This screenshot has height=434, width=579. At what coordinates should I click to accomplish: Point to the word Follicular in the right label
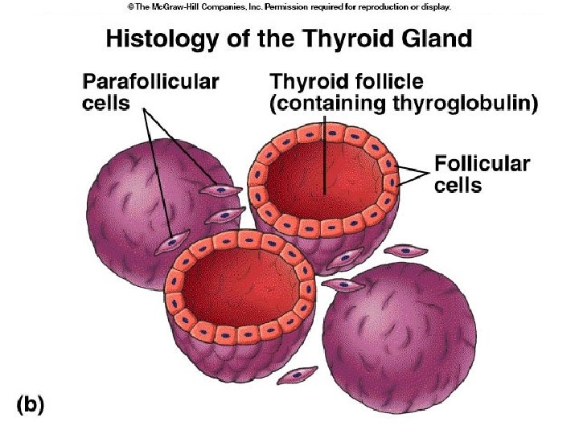(482, 165)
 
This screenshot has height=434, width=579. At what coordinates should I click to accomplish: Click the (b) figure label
(29, 405)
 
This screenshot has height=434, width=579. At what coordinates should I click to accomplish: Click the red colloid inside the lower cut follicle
(240, 289)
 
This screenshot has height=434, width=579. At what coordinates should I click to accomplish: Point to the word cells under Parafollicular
(106, 104)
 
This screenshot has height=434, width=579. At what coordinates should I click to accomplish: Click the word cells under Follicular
(458, 186)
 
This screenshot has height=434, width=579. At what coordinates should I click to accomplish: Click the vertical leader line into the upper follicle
(324, 153)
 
